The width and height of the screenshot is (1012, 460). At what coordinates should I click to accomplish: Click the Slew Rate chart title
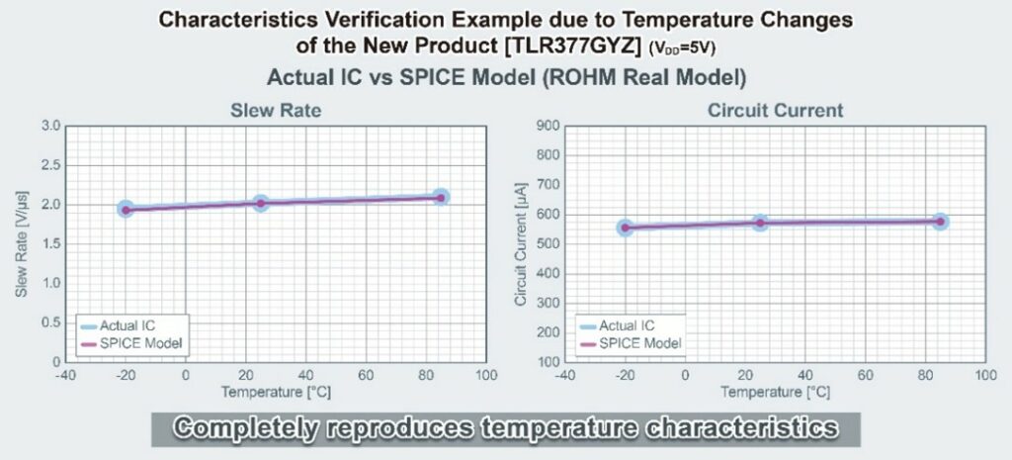click(x=276, y=111)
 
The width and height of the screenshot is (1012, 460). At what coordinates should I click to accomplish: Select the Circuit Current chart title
click(x=775, y=111)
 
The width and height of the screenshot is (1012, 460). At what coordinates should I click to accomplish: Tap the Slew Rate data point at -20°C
click(x=126, y=210)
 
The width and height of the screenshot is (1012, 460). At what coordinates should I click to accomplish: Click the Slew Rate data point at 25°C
click(x=261, y=204)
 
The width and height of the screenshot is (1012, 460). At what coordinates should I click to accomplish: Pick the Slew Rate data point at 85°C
click(x=441, y=198)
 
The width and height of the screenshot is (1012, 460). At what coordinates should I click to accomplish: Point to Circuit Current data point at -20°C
click(x=625, y=228)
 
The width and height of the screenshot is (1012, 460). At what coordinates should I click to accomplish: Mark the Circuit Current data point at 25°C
click(x=760, y=223)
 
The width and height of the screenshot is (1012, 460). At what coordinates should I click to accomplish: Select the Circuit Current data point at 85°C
click(x=941, y=222)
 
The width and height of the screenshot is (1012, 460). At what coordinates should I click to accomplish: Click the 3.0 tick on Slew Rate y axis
click(x=53, y=126)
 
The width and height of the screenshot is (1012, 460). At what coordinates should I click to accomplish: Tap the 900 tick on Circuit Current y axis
click(x=548, y=126)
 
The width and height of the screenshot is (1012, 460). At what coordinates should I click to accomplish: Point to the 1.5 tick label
click(x=53, y=244)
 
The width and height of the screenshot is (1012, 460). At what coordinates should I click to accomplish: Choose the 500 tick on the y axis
click(x=548, y=244)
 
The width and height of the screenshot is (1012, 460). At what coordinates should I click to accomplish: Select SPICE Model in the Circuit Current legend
click(x=640, y=343)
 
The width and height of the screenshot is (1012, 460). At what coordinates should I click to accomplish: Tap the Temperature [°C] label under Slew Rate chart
click(x=277, y=392)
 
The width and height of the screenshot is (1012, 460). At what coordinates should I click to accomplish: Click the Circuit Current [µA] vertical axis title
click(x=520, y=243)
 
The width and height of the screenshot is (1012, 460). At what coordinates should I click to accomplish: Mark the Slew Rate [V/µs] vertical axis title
click(x=22, y=244)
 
